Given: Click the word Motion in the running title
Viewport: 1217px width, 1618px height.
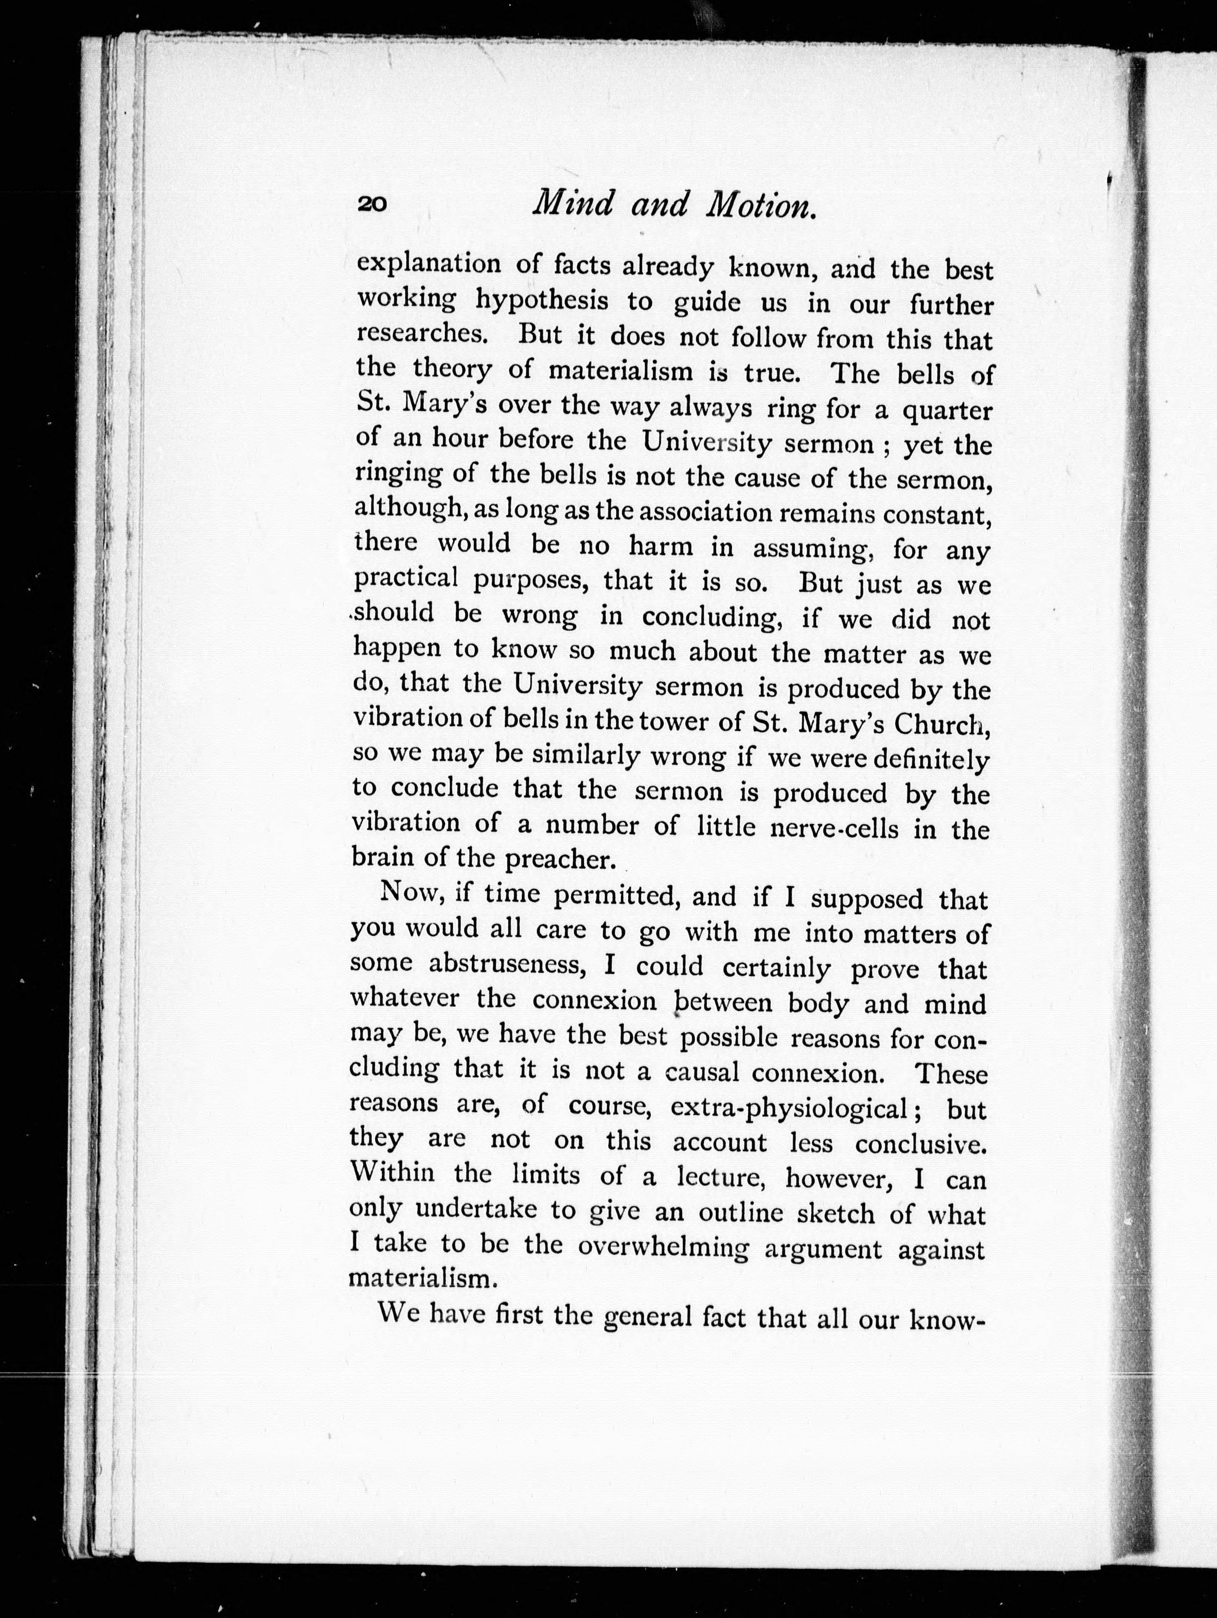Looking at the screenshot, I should click(760, 205).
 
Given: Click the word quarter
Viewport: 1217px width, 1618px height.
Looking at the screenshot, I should click(947, 411).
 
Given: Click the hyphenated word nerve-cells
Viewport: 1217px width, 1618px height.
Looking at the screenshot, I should click(834, 828).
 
